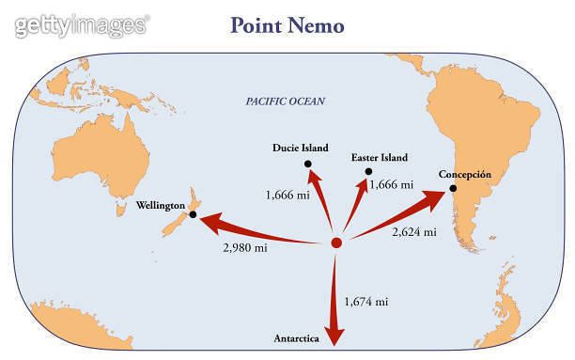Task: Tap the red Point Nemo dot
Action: click(336, 244)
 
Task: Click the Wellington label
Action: click(161, 205)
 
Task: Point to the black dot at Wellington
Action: click(193, 215)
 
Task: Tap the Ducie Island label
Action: click(301, 148)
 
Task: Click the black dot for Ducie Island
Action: click(308, 164)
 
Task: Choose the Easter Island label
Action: click(380, 157)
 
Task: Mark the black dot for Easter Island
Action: click(368, 172)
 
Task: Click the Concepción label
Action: click(465, 174)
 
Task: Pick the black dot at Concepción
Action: click(453, 188)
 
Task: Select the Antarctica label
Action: click(299, 337)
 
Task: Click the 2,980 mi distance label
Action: click(244, 248)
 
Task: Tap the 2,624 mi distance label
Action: click(413, 230)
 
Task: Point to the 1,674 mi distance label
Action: click(367, 302)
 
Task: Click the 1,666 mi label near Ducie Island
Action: click(287, 195)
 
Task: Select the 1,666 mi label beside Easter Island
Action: click(392, 185)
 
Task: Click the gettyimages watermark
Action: click(82, 24)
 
